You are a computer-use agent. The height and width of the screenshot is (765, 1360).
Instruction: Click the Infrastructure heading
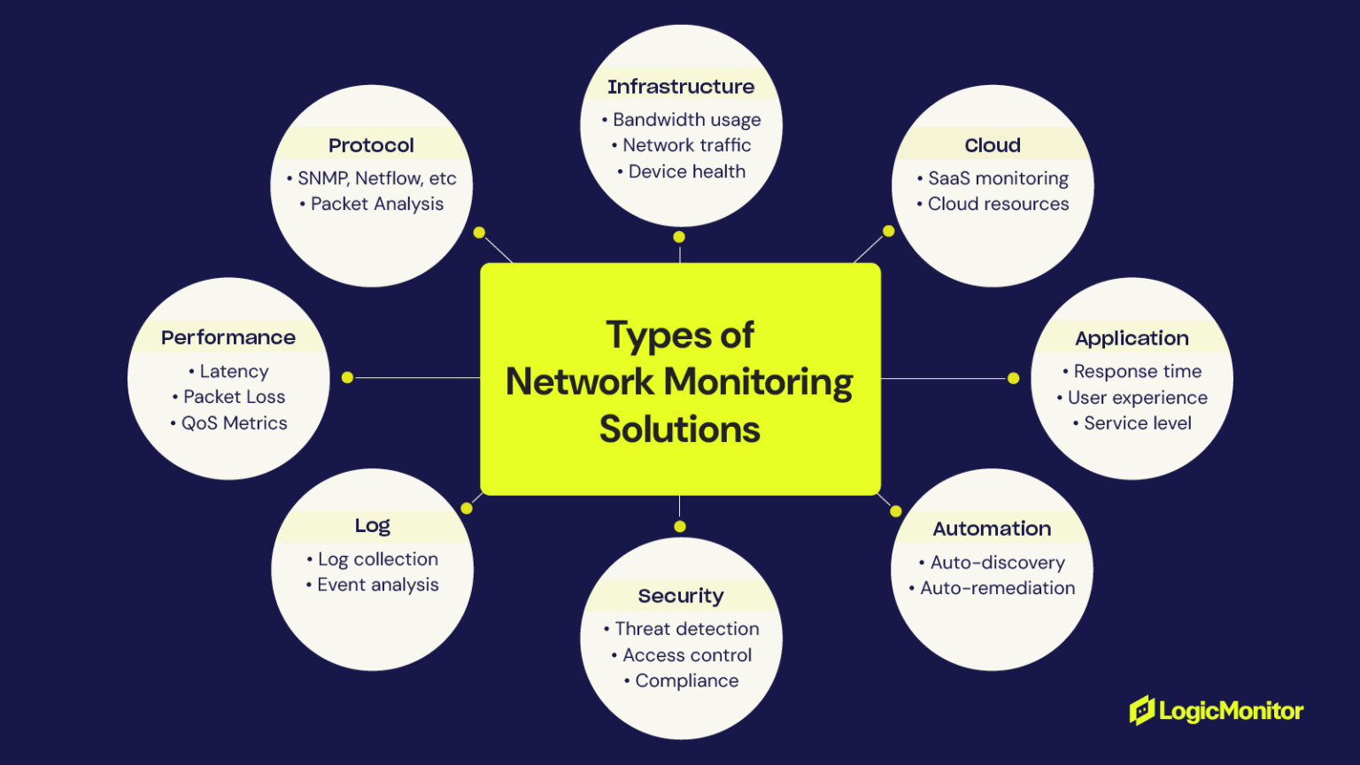coord(680,87)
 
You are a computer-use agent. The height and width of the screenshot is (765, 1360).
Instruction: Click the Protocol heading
coord(371,145)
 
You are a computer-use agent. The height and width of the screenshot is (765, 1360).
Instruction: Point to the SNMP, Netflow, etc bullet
coord(372,178)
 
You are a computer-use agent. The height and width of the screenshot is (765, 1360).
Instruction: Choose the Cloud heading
coord(993,145)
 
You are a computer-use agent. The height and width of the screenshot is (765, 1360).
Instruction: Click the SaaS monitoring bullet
coord(993,178)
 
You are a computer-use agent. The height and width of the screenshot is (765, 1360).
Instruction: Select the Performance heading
coord(228,337)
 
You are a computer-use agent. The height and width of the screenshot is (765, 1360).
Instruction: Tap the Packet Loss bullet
coord(228,397)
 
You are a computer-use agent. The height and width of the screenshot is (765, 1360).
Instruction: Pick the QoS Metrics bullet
coord(228,423)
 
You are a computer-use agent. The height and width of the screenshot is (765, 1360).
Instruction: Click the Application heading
coord(1132,338)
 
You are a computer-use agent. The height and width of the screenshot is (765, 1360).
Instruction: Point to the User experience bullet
coord(1132,398)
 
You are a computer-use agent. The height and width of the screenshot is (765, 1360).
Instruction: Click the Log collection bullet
coord(373,560)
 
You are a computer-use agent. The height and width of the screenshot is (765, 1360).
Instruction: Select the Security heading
coord(681,596)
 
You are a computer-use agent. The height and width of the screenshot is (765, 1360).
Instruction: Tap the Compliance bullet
coord(681,681)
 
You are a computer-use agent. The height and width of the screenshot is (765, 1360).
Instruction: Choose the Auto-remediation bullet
coord(993,588)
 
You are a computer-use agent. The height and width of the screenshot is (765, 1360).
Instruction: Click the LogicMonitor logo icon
coord(1142,710)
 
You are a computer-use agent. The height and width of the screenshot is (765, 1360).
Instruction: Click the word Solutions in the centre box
coord(680,429)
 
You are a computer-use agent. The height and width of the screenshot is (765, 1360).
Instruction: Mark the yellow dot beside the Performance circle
coord(348,377)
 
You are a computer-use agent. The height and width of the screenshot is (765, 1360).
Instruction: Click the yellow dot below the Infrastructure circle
coord(679,237)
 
